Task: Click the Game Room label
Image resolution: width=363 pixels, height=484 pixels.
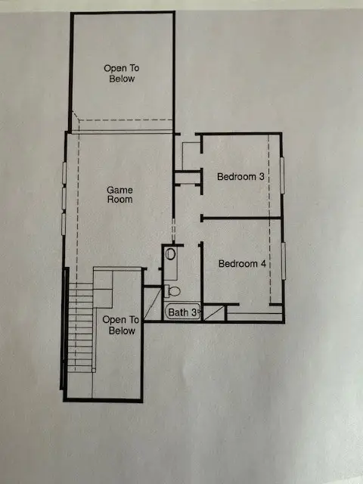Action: coord(119,194)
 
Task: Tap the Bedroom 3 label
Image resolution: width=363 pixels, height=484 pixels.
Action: coord(240,177)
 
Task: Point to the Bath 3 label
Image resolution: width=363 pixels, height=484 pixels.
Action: coord(182,312)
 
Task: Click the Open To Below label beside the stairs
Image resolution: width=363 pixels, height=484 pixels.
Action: coord(119,325)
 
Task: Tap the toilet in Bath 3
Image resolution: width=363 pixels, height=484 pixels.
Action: coord(173,290)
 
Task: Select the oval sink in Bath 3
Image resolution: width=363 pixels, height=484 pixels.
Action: coord(170,254)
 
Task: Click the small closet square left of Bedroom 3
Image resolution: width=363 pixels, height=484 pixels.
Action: coord(190,155)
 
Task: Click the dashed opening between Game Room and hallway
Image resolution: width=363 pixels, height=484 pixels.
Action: coord(174,226)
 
